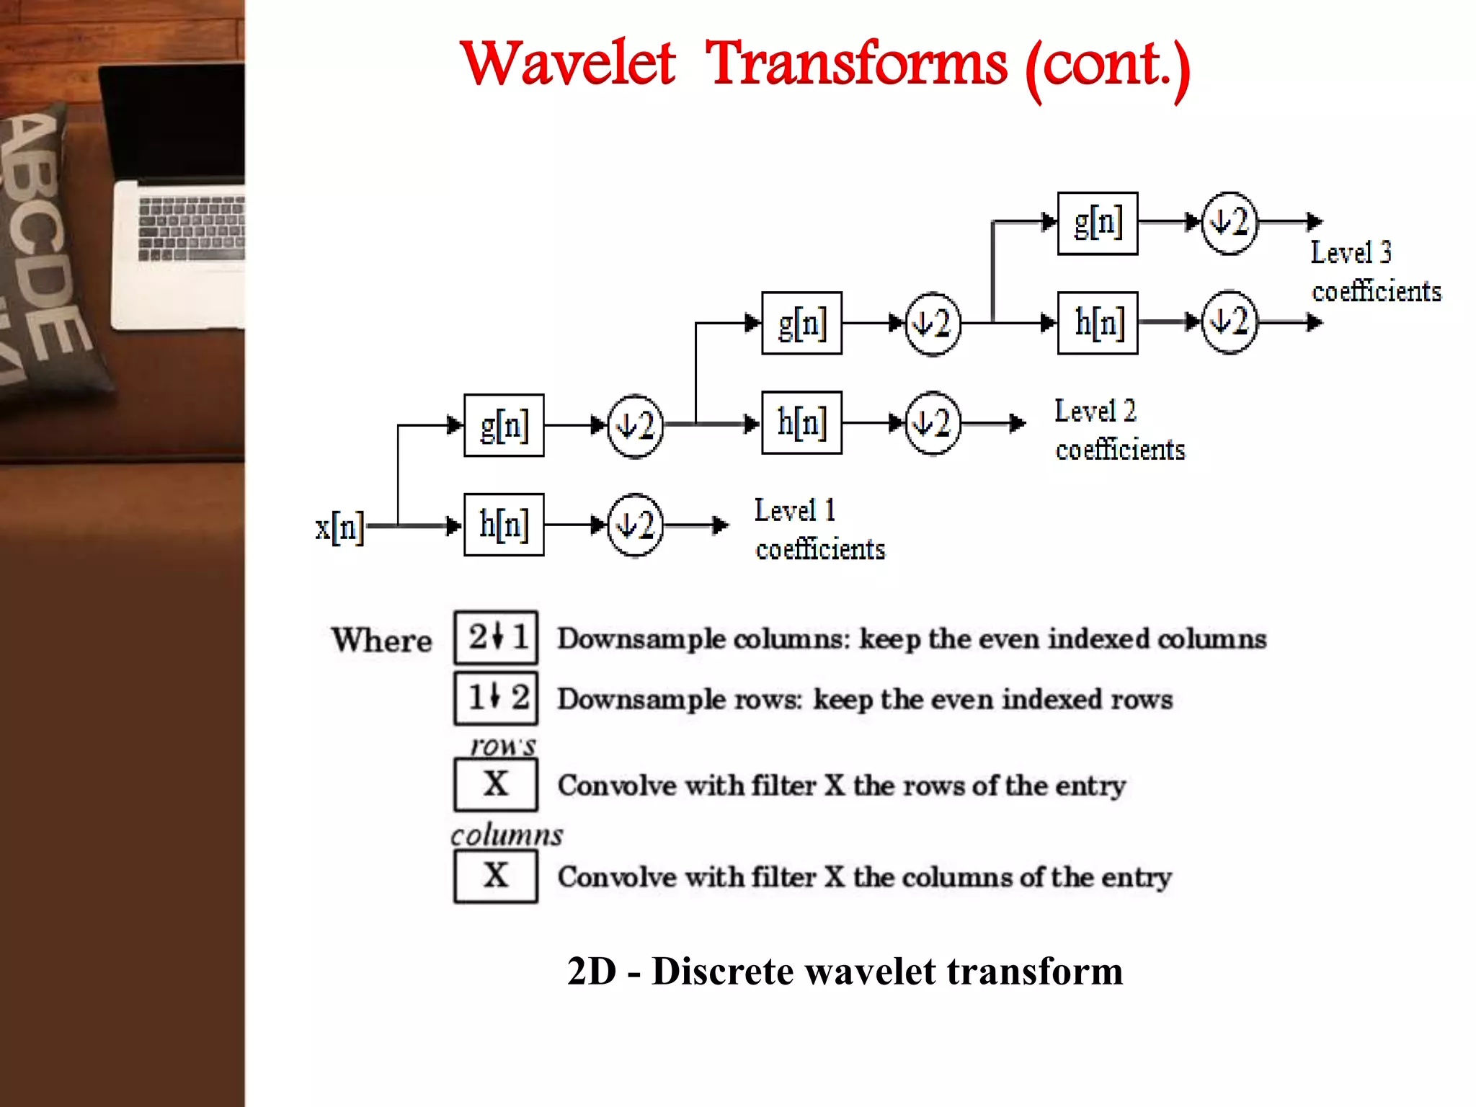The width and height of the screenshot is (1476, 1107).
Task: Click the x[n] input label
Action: pos(339,528)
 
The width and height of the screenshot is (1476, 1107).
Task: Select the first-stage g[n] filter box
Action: pos(504,425)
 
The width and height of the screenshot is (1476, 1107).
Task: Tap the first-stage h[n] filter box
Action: pos(504,525)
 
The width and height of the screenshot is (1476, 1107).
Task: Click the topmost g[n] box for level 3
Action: pos(1097,223)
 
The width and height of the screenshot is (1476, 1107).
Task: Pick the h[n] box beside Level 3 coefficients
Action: pos(1097,323)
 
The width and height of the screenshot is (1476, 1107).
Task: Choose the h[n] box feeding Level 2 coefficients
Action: pos(801,422)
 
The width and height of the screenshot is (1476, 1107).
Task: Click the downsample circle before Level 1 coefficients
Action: pos(635,525)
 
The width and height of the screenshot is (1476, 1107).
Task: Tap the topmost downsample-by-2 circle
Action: pos(1230,223)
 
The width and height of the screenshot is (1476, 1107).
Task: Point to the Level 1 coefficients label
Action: pos(819,530)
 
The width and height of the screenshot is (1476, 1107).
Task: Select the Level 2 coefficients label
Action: pos(1119,430)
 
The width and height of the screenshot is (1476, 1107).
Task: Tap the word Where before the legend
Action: pos(381,640)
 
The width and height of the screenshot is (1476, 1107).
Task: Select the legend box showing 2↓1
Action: pos(496,638)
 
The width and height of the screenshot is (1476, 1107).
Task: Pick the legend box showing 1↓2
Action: pos(496,698)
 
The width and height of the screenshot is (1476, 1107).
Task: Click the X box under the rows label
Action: pos(496,784)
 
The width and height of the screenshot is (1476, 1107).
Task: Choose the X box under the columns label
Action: pos(496,876)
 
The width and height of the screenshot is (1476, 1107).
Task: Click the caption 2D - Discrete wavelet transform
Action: pos(845,971)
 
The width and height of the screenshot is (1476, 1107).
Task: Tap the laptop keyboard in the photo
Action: pos(192,228)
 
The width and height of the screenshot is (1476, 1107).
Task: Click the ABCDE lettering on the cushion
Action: pos(43,238)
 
